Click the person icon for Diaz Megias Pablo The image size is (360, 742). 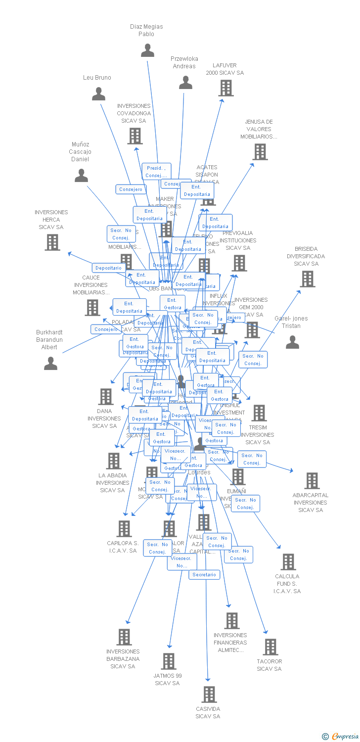(147, 50)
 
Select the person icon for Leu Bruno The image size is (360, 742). (98, 93)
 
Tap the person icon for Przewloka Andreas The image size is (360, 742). (185, 83)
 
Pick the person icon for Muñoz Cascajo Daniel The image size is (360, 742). (81, 176)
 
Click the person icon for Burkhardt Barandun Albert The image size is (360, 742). (50, 364)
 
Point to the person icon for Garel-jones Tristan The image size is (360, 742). (292, 342)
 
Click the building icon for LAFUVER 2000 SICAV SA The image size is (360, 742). (226, 88)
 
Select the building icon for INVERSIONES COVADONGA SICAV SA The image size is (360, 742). (135, 136)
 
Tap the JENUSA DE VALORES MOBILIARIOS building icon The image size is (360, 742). (260, 152)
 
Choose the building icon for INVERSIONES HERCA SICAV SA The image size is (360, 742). (52, 242)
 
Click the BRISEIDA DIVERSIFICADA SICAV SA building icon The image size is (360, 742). (307, 279)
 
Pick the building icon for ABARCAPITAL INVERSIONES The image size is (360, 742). (312, 481)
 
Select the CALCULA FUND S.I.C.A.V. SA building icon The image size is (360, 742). (288, 562)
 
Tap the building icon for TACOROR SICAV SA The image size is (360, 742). (270, 647)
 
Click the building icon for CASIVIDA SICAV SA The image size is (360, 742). (209, 695)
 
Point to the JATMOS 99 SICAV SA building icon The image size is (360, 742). (169, 661)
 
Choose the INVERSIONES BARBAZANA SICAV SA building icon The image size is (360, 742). (124, 637)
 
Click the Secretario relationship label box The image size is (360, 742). (204, 575)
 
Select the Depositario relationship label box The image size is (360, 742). (108, 268)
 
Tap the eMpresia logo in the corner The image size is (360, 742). (342, 736)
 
